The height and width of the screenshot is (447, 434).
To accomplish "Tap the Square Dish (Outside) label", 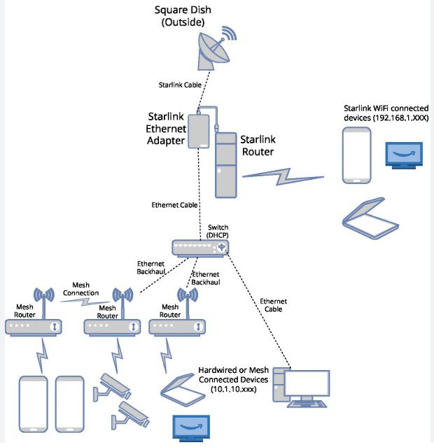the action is tap(183, 16).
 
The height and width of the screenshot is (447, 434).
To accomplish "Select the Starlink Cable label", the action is tap(180, 85).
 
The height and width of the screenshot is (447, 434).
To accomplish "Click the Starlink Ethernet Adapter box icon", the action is tap(199, 131).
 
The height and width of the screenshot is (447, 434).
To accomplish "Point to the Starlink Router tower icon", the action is tap(225, 165).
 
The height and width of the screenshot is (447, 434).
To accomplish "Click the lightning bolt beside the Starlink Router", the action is tap(283, 176).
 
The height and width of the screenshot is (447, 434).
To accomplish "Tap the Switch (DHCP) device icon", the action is tap(200, 248).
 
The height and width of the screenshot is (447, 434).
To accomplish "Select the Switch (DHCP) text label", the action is tap(218, 232).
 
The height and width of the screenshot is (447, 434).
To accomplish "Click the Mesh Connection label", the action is tap(80, 289).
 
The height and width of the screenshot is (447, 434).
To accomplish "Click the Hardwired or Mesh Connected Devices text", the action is tap(233, 379).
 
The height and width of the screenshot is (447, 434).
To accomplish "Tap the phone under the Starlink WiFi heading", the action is tap(357, 155).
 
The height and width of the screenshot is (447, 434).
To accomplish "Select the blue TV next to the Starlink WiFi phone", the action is tap(404, 155).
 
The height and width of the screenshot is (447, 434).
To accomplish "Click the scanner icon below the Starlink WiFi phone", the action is tap(370, 218).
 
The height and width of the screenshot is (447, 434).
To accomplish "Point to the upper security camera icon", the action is tap(113, 387).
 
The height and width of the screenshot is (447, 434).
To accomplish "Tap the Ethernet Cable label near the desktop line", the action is tap(274, 305).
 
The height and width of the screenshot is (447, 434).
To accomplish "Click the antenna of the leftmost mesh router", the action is tap(44, 303).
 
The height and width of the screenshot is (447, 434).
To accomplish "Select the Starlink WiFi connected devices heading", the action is tap(386, 113).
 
